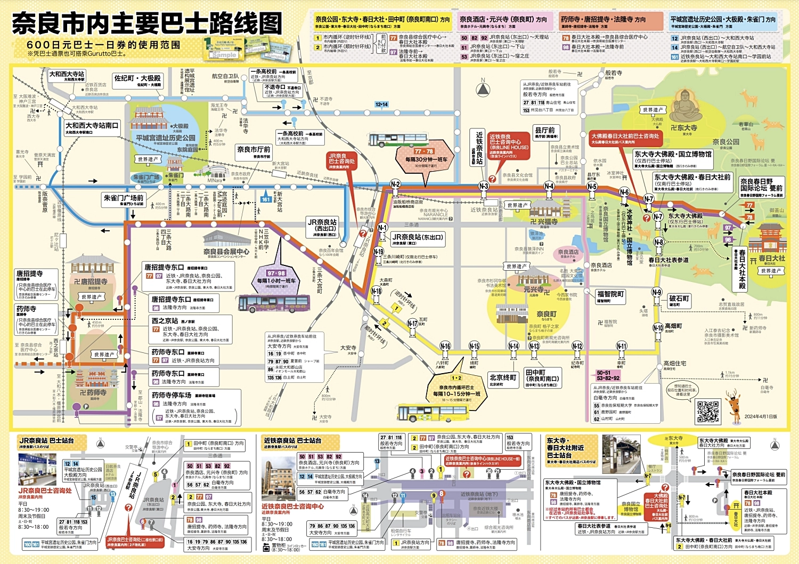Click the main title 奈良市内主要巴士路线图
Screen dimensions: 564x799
pos(146,23)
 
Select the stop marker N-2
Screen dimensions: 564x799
pos(395,184)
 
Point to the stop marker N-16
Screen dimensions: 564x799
pos(445,346)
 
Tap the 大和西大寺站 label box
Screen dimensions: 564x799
pos(67,75)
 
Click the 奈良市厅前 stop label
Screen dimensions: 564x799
pos(254,151)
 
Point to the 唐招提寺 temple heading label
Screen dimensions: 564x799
pos(29,275)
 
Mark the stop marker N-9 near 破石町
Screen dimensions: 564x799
pos(657,293)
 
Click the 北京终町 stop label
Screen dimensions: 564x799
pos(503,378)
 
